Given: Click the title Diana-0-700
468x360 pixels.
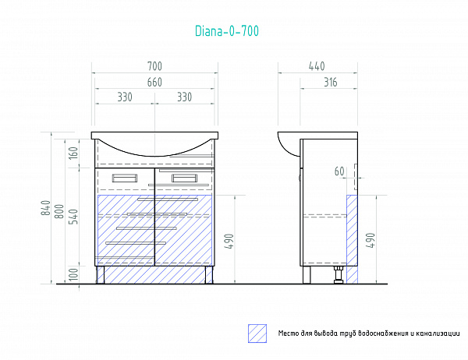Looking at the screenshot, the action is pyautogui.click(x=227, y=31).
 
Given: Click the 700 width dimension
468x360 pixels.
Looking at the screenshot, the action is pyautogui.click(x=154, y=66).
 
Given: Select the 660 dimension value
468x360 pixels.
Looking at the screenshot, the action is pyautogui.click(x=154, y=83).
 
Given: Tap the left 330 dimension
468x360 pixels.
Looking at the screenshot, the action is pyautogui.click(x=125, y=97).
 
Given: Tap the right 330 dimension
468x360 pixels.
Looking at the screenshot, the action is pyautogui.click(x=184, y=97).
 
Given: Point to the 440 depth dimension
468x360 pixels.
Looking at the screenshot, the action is pyautogui.click(x=317, y=66).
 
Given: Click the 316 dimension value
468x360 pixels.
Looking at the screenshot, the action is pyautogui.click(x=331, y=83).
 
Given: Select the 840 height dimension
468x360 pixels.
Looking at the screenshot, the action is pyautogui.click(x=46, y=208).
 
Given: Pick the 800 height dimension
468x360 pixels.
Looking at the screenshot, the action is pyautogui.click(x=59, y=211).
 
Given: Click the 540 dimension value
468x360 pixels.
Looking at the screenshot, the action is pyautogui.click(x=73, y=217).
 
